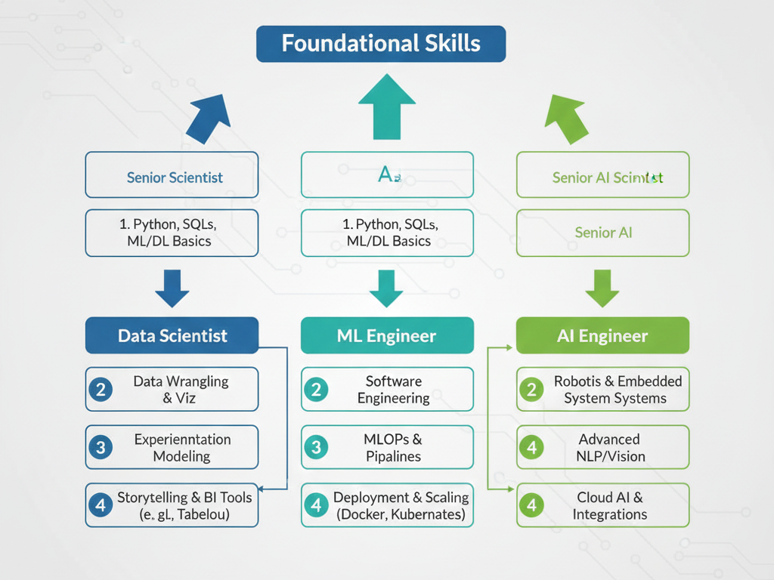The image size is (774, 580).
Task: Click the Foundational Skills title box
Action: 381,43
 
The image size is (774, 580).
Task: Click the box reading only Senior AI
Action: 602,233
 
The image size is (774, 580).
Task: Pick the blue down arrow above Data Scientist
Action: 172,288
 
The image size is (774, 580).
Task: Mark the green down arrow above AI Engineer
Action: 602,288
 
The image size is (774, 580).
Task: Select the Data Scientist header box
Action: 172,335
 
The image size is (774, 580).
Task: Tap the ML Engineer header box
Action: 387,335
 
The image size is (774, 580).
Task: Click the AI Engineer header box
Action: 602,335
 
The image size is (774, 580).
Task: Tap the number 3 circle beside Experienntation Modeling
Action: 101,447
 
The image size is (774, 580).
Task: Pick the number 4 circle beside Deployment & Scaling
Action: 316,505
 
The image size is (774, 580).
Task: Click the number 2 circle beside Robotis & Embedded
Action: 531,390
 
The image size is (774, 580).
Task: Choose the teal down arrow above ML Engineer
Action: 387,288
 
